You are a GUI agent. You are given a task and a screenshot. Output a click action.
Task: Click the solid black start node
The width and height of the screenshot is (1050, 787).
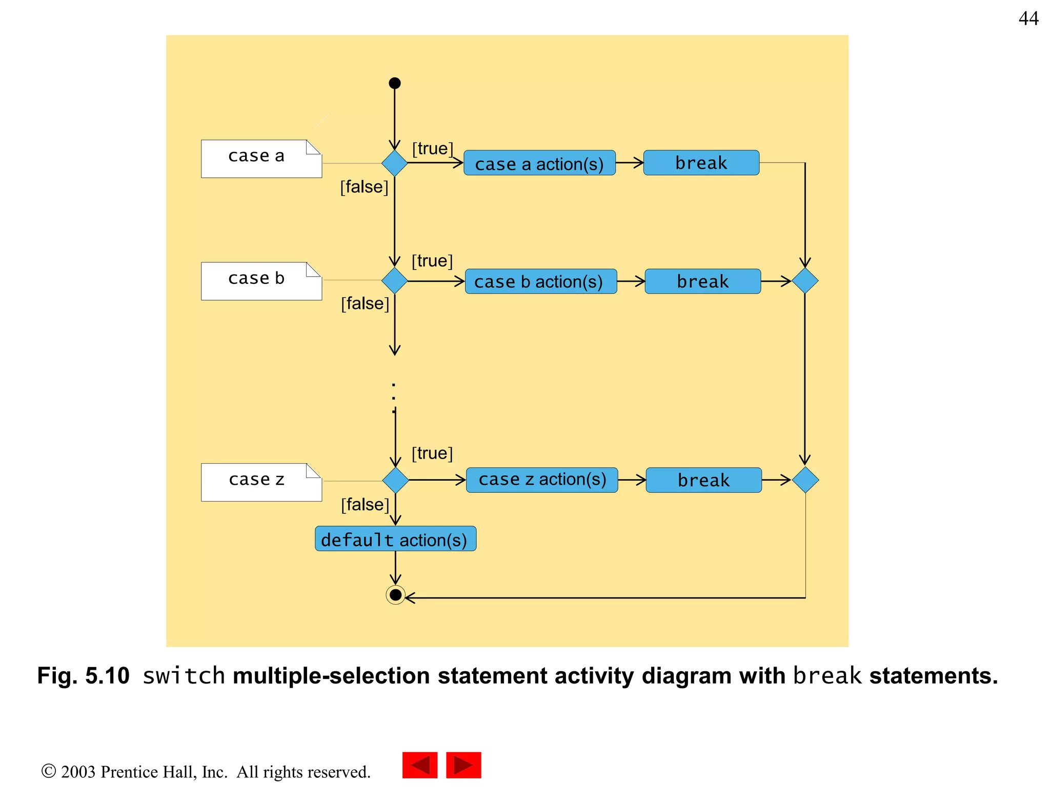[394, 83]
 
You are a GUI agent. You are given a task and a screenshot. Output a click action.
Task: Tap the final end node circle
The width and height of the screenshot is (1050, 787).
[395, 595]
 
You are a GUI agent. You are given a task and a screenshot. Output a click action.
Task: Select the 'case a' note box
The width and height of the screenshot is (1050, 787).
[261, 159]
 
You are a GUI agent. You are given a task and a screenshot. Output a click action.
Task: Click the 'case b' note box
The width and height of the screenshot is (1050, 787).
[261, 281]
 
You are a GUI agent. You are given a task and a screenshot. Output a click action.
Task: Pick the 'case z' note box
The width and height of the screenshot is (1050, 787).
[261, 482]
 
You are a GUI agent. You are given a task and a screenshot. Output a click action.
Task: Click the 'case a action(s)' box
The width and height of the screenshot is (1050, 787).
[539, 163]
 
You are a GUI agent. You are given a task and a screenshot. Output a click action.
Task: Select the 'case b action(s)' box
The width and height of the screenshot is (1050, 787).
[540, 281]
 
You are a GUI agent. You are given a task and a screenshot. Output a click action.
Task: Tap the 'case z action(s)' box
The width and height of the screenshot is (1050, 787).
[542, 480]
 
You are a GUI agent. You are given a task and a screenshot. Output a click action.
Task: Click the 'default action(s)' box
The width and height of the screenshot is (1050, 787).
[395, 539]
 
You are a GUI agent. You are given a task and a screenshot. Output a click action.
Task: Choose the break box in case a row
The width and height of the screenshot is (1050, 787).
[701, 163]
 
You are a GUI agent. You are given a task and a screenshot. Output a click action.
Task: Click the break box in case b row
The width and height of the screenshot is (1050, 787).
[702, 281]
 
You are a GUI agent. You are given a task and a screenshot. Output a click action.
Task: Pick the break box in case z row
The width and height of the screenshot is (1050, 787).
[703, 480]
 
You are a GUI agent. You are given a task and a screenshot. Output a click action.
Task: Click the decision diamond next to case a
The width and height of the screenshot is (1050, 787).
[394, 163]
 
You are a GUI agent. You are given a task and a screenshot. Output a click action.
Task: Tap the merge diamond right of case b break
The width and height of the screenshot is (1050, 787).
[805, 281]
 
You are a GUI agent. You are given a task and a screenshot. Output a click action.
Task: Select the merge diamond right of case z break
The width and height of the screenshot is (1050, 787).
[805, 480]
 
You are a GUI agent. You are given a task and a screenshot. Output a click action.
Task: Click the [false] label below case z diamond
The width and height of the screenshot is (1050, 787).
[365, 505]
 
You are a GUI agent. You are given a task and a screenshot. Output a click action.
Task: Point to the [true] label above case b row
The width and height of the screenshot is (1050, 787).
[432, 261]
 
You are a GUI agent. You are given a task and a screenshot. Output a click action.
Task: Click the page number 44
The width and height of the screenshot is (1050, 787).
[1028, 18]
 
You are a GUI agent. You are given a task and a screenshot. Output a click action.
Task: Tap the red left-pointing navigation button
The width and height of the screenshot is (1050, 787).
[419, 765]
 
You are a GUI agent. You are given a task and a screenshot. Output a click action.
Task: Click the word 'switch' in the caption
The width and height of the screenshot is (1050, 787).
[184, 676]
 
